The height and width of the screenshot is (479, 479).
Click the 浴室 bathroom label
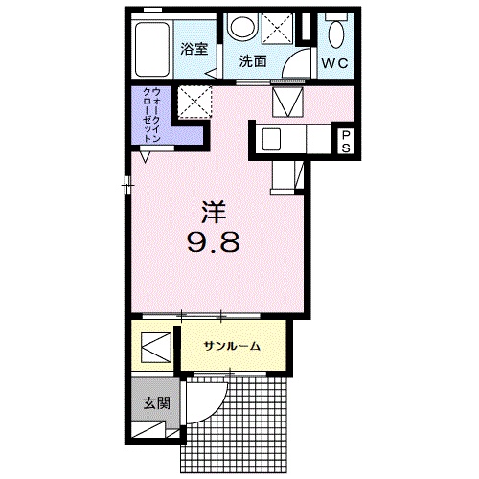click(x=194, y=49)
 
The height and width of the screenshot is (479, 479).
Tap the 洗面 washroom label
click(x=253, y=61)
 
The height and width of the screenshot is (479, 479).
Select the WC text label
click(x=334, y=63)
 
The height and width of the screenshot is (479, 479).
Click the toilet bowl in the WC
click(x=335, y=34)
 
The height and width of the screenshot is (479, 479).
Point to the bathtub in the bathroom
click(x=152, y=50)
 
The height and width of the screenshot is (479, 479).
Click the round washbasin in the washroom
click(x=243, y=28)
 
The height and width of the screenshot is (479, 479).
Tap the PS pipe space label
click(x=346, y=142)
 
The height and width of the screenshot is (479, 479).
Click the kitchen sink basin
click(x=271, y=139)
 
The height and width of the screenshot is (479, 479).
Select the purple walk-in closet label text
click(x=151, y=115)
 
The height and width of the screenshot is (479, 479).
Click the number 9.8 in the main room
click(x=213, y=241)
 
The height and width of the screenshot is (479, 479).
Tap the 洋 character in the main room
click(x=214, y=212)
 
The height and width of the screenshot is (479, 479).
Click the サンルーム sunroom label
click(x=233, y=346)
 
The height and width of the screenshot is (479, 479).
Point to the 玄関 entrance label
click(x=156, y=403)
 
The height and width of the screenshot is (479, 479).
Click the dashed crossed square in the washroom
click(x=277, y=28)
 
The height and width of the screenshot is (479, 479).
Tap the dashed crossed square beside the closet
click(x=194, y=102)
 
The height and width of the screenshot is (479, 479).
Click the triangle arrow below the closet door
click(x=146, y=157)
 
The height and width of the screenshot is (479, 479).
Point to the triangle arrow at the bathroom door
click(x=211, y=74)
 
